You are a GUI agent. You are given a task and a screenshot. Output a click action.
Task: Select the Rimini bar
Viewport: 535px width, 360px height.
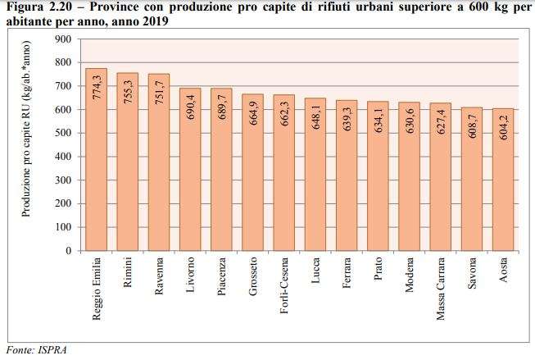tap(127, 164)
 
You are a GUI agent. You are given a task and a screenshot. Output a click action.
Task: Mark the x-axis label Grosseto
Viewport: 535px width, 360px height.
tap(253, 276)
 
